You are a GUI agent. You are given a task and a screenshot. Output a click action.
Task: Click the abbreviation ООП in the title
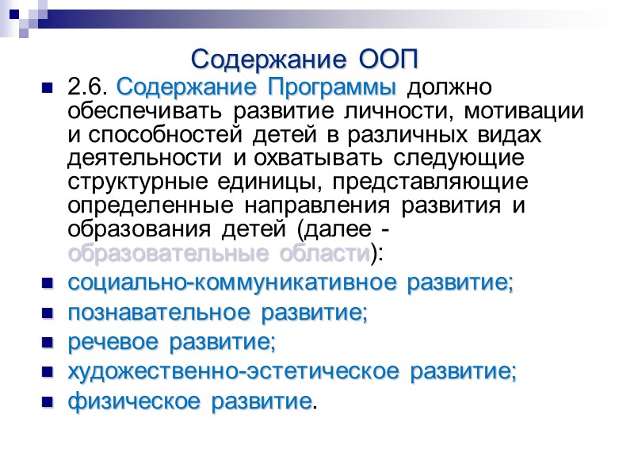click(388, 59)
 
